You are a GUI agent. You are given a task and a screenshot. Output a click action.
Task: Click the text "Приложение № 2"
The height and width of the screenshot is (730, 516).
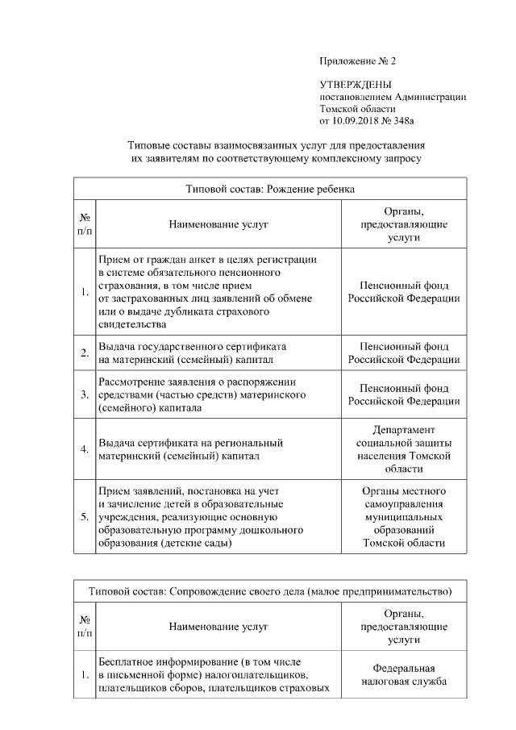358,61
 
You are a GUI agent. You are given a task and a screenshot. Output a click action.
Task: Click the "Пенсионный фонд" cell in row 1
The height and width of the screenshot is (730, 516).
403,292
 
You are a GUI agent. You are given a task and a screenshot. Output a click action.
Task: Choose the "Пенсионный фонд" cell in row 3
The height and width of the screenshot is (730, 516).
403,394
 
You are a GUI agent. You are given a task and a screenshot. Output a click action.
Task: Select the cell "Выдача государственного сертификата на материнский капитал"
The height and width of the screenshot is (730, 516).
193,352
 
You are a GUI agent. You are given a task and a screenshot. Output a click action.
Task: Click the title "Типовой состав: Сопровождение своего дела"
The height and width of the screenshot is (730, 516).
270,591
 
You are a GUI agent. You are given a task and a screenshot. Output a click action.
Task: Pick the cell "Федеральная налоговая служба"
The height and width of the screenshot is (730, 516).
403,675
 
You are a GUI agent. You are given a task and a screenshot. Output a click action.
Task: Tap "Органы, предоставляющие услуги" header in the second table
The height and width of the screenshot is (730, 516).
403,626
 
